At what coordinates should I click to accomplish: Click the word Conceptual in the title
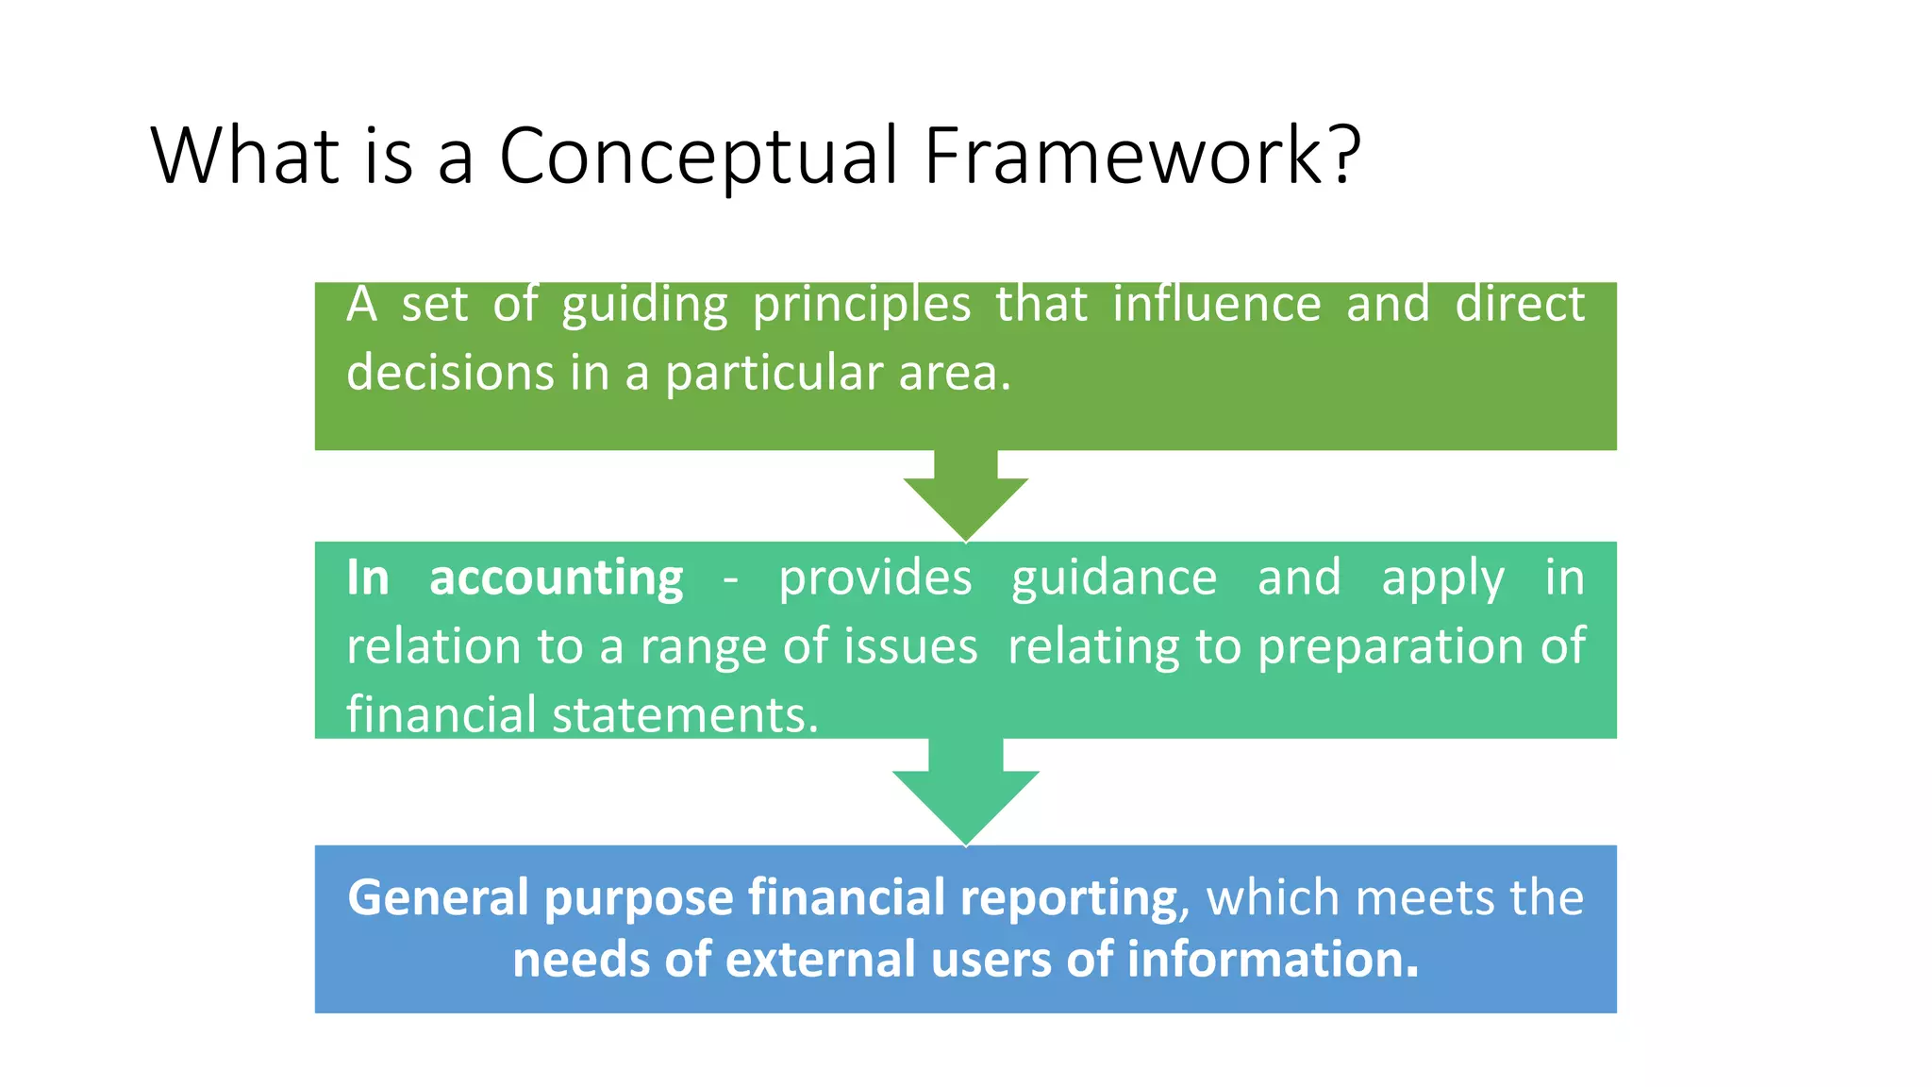pyautogui.click(x=698, y=156)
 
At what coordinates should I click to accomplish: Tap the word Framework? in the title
pyautogui.click(x=1142, y=156)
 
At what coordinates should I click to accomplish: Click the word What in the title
pyautogui.click(x=244, y=156)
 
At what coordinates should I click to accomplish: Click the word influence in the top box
pyautogui.click(x=1216, y=305)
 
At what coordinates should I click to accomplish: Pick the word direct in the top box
pyautogui.click(x=1519, y=305)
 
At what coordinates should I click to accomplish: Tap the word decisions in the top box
pyautogui.click(x=450, y=373)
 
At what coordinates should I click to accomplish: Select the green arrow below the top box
pyautogui.click(x=965, y=495)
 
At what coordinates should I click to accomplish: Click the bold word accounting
pyautogui.click(x=556, y=578)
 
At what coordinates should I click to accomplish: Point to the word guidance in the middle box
pyautogui.click(x=1114, y=579)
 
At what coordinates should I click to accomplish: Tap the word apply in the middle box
pyautogui.click(x=1442, y=579)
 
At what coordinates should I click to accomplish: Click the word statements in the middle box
pyautogui.click(x=685, y=715)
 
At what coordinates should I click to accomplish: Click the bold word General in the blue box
pyautogui.click(x=438, y=897)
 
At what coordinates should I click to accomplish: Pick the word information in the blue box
pyautogui.click(x=1273, y=960)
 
